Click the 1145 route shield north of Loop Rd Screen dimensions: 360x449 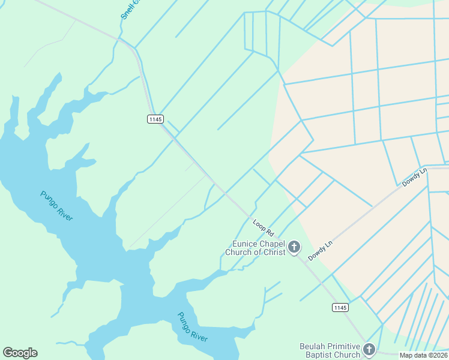click(x=155, y=119)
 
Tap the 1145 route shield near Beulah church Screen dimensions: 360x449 click(x=340, y=308)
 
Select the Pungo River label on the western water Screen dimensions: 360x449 click(x=57, y=205)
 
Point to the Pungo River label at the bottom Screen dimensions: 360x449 click(x=192, y=327)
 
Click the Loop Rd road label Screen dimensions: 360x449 click(x=264, y=227)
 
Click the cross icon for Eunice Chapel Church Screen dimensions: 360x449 click(x=294, y=247)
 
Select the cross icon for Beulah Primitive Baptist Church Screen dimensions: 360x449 click(x=369, y=350)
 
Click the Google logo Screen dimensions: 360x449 click(x=20, y=353)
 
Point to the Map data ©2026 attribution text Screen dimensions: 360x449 click(x=424, y=355)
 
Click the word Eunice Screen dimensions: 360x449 click(x=246, y=244)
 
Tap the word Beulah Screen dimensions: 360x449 click(x=314, y=346)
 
